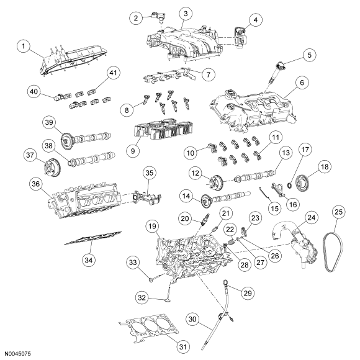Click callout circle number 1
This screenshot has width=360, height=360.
tap(24, 47)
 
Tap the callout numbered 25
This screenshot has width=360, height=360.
tap(338, 212)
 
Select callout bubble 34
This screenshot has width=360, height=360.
tap(89, 260)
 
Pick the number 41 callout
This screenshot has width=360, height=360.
tap(113, 73)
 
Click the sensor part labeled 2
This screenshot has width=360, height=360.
tap(158, 17)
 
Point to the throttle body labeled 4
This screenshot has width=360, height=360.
tap(240, 38)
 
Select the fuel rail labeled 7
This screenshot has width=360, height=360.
tap(169, 75)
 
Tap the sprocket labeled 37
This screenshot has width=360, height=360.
tap(52, 170)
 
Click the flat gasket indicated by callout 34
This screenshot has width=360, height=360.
tap(92, 238)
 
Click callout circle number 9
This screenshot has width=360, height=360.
tap(133, 151)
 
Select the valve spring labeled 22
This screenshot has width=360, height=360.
tap(232, 241)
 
